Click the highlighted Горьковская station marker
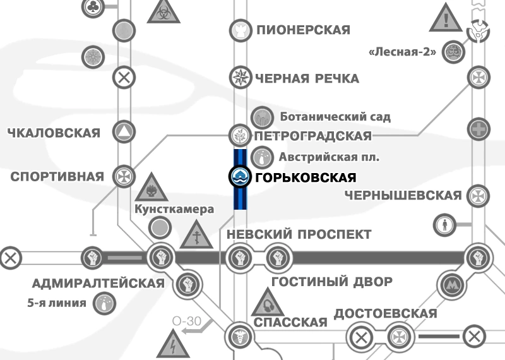[x=240, y=177]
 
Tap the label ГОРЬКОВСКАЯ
[x=304, y=178]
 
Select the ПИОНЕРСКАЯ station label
[x=303, y=30]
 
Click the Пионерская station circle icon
[x=239, y=29]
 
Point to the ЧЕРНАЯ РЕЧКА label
[x=307, y=79]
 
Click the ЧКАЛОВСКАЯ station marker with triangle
[x=123, y=133]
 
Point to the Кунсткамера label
[x=175, y=209]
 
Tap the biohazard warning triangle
[x=163, y=11]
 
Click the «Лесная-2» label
[x=402, y=52]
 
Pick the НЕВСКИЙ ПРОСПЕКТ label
[x=299, y=234]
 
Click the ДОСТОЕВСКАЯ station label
[x=385, y=314]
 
